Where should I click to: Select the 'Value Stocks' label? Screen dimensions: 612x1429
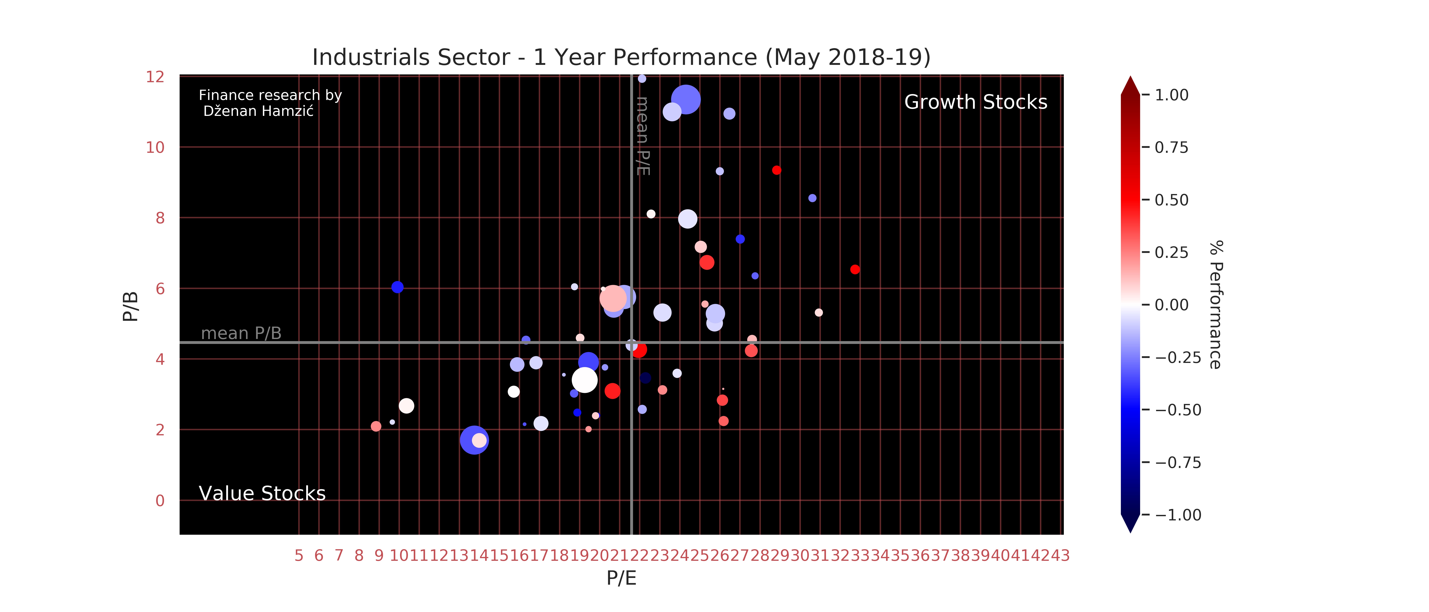click(262, 493)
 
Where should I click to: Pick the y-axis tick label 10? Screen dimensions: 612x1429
click(155, 147)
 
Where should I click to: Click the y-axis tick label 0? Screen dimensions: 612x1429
click(160, 501)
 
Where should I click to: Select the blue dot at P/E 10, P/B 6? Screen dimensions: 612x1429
click(397, 287)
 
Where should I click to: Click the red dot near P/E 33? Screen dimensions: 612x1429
click(855, 269)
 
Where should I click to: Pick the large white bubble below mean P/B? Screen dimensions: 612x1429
click(584, 380)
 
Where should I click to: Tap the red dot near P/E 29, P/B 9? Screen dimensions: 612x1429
click(777, 170)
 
